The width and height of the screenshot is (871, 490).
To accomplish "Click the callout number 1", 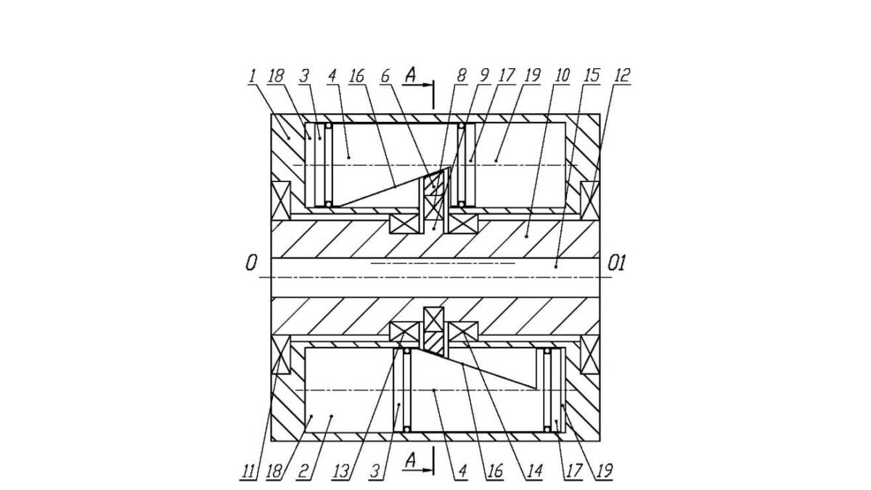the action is click(x=253, y=75).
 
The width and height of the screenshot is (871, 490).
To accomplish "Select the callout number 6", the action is click(x=385, y=75).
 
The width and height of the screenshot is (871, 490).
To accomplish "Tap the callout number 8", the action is click(x=462, y=75).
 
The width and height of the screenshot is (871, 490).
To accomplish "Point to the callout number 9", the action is click(x=485, y=75).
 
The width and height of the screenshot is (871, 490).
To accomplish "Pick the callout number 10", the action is click(x=562, y=75).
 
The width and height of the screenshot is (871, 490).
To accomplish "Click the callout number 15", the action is click(x=591, y=75).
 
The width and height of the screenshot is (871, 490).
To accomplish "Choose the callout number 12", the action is click(x=621, y=75).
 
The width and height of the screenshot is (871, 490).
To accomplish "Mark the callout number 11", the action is click(x=248, y=471).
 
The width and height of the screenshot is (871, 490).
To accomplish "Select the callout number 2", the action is click(x=303, y=471).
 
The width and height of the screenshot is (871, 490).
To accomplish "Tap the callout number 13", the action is click(x=341, y=471).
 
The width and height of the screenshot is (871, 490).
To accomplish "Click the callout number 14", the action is click(x=534, y=471).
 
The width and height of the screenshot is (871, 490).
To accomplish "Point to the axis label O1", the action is click(x=617, y=264).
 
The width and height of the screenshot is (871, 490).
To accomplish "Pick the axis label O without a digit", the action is click(x=251, y=264).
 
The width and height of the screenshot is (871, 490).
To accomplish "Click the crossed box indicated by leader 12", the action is click(x=590, y=200).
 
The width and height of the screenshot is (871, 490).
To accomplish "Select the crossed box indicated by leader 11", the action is click(x=281, y=355).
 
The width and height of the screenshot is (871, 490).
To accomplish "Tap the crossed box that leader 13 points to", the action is click(x=404, y=332).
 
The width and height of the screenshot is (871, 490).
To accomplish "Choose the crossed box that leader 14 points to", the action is click(x=463, y=332).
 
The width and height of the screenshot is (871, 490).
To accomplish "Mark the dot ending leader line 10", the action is click(x=527, y=236).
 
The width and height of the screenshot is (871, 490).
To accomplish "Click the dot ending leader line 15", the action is click(x=556, y=266).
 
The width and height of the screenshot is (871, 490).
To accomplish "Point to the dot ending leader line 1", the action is click(x=289, y=139).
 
